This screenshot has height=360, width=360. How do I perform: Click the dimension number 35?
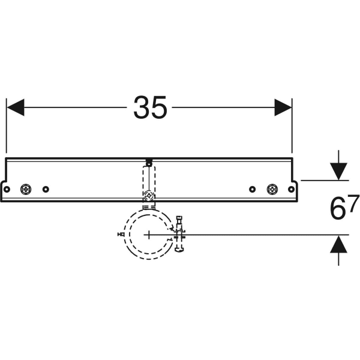point(150,108)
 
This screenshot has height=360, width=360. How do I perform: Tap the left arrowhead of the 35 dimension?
point(15,108)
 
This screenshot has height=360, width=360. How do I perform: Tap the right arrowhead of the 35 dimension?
point(283,108)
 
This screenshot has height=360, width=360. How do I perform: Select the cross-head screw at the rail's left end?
point(26,189)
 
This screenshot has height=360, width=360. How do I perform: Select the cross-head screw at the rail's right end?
point(272,189)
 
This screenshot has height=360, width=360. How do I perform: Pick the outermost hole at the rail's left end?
point(8,189)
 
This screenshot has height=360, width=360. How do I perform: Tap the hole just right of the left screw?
point(46,189)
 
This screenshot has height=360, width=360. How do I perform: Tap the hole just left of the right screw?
point(253,189)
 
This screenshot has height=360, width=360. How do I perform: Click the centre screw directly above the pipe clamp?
point(148,194)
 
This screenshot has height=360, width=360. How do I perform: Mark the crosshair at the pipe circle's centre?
point(148,234)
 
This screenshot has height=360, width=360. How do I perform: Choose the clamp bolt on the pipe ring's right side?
point(180,233)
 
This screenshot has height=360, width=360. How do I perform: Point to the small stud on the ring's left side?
point(121,234)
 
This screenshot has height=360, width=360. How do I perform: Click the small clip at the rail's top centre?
point(148,161)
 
